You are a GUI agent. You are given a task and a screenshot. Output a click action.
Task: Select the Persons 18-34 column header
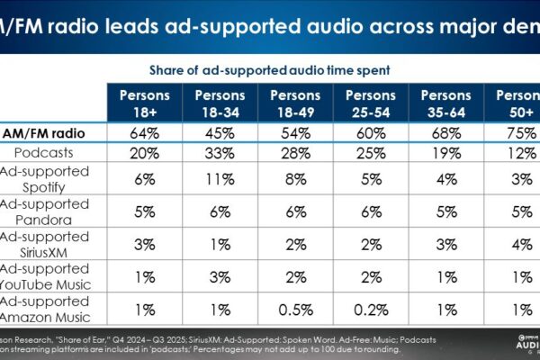[x=220, y=103]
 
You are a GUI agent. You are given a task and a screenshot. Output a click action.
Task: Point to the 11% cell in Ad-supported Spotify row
[x=220, y=178]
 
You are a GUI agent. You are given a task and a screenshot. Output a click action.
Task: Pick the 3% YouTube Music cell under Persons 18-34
[x=220, y=278]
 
